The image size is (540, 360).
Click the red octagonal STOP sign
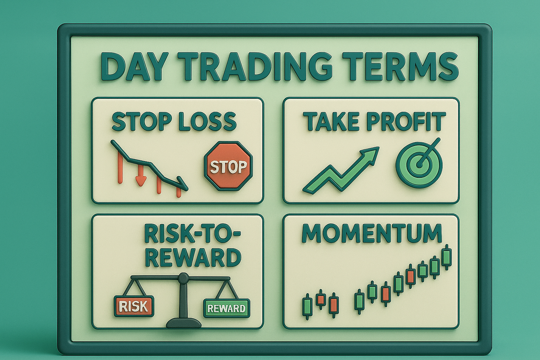228,166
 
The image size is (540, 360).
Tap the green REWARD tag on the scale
226,309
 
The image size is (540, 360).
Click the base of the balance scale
183,323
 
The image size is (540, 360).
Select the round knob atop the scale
183,278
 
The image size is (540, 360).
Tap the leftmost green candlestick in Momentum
307,306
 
